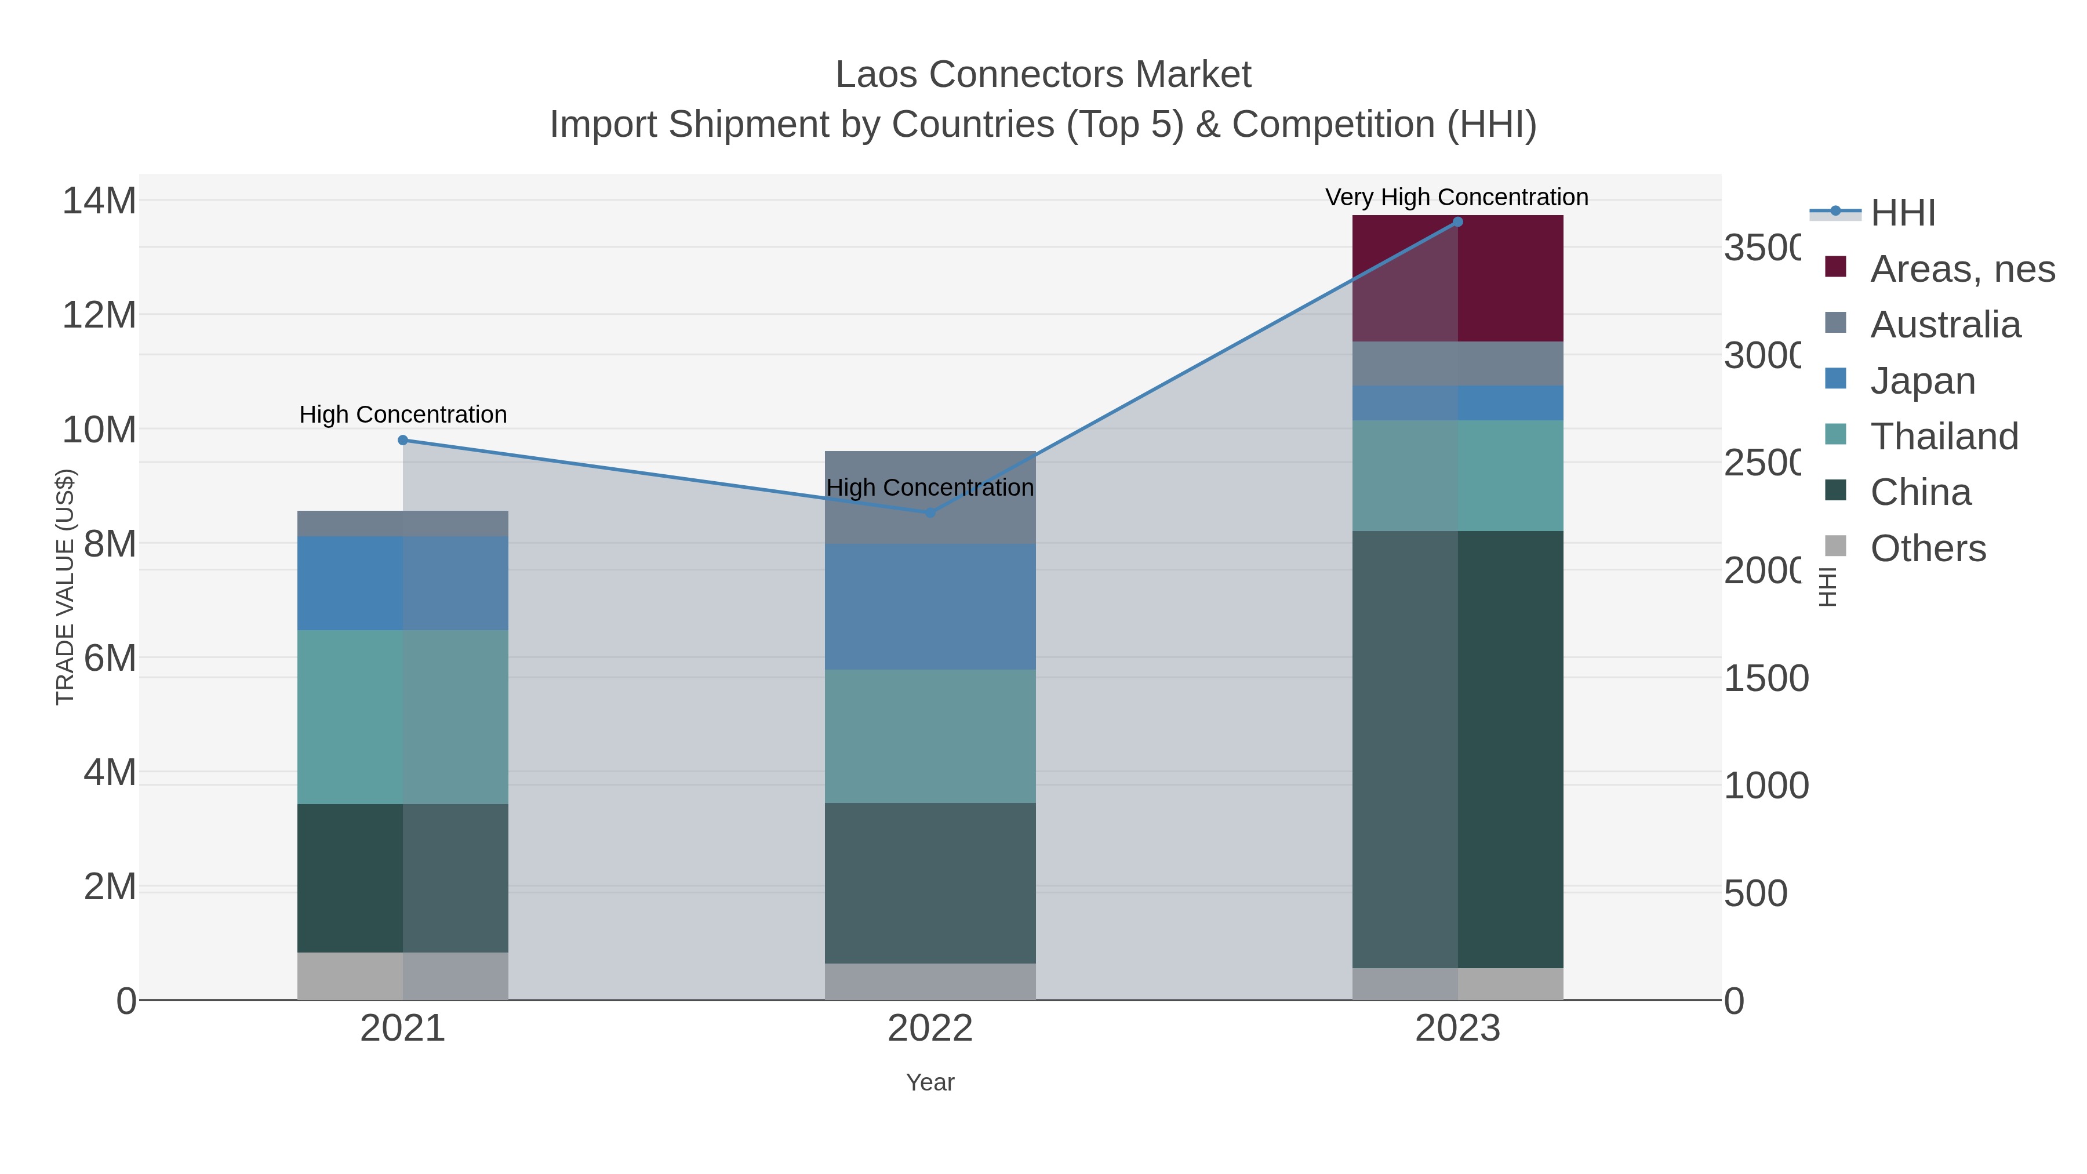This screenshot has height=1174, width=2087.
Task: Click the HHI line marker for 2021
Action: (x=403, y=440)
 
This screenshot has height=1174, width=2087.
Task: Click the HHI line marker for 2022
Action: (x=930, y=512)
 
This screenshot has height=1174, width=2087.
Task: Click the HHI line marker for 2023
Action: (x=1457, y=222)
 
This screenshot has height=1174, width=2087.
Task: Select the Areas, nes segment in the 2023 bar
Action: (x=1457, y=278)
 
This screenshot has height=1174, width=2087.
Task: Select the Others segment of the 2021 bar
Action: (x=403, y=976)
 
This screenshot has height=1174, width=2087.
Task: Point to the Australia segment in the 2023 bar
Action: (x=1457, y=363)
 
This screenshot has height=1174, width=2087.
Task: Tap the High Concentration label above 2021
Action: (x=403, y=414)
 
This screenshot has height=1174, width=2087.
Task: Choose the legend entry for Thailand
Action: (x=1944, y=436)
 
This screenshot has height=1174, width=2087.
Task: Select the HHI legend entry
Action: (x=1902, y=212)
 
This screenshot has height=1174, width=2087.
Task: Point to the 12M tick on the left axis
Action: (x=99, y=314)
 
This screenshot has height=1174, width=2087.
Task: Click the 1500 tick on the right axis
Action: (x=1765, y=678)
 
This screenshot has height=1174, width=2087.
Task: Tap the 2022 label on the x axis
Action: (x=930, y=1028)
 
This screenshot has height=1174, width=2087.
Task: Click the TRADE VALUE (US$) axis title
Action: (x=65, y=587)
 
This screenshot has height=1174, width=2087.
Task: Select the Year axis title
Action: (x=930, y=1082)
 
